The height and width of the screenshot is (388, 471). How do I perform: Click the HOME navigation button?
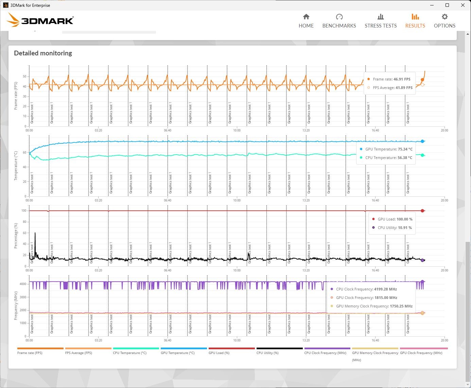click(306, 21)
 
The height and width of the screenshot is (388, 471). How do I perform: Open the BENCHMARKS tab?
click(339, 21)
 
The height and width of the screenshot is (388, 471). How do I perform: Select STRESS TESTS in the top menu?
click(381, 21)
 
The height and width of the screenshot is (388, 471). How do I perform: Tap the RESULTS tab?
click(415, 21)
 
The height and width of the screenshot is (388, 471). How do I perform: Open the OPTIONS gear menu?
click(444, 21)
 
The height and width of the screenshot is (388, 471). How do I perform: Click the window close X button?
click(463, 5)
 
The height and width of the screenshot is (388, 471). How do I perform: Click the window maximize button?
click(447, 5)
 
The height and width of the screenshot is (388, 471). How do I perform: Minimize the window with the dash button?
click(432, 5)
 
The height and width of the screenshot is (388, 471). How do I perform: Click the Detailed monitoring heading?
click(43, 53)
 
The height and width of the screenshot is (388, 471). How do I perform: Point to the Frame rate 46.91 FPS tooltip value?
click(391, 79)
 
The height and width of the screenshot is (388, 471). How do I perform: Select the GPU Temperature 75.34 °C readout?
click(389, 149)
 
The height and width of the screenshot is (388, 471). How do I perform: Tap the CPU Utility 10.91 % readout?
click(395, 228)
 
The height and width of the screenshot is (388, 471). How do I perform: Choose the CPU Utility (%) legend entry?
click(267, 353)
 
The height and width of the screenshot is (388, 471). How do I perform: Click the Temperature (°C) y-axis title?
click(16, 166)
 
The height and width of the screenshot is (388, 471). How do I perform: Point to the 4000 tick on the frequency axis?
click(23, 284)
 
